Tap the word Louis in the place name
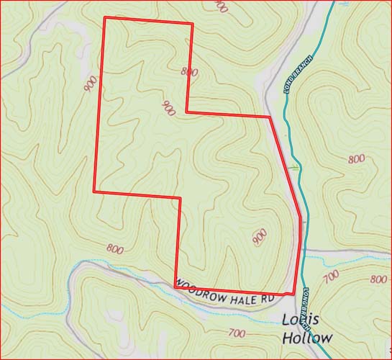click(301, 321)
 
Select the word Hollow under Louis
click(307, 338)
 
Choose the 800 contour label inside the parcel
click(189, 71)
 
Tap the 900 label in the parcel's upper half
click(168, 109)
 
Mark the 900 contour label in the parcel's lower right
click(260, 236)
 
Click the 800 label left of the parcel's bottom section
click(114, 249)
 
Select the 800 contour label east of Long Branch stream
click(355, 158)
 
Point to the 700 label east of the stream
click(332, 276)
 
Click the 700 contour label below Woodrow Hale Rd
click(235, 333)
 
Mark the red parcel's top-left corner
click(105, 17)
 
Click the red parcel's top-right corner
click(192, 24)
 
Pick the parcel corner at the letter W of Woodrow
click(176, 286)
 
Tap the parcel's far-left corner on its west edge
click(94, 191)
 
